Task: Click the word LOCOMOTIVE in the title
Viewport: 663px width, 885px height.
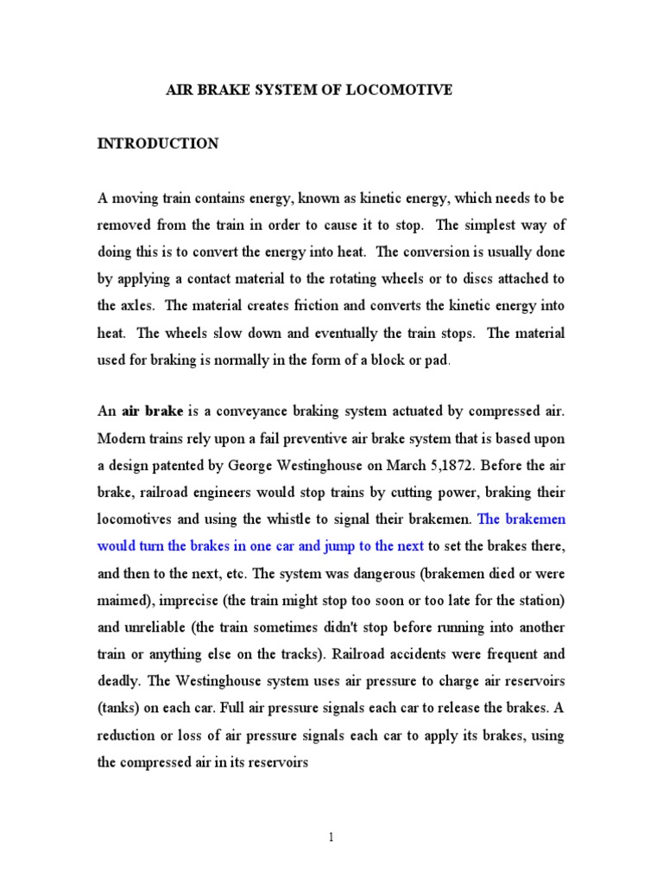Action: pos(400,90)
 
